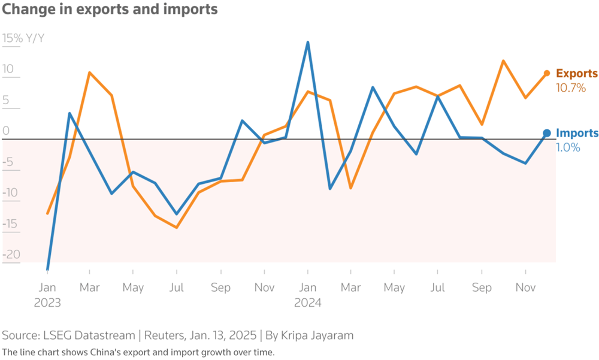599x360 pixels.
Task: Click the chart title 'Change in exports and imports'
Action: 110,10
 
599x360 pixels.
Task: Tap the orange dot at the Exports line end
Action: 546,73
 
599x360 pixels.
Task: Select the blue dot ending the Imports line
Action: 546,133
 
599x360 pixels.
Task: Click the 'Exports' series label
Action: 577,74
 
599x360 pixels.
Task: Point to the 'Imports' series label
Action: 577,134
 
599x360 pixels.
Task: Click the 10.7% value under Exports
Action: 571,87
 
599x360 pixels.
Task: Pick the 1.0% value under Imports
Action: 568,147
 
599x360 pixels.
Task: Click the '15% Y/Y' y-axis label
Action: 23,39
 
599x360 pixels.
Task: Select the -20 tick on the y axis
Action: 11,255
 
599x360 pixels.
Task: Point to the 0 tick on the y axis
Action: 7,131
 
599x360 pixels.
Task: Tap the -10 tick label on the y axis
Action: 11,193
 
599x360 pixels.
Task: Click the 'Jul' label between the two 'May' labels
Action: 176,288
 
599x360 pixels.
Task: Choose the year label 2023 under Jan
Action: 47,302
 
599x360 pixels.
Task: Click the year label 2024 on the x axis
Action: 307,302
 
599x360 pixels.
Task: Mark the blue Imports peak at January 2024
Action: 308,42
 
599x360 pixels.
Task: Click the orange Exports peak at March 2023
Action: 89,72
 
